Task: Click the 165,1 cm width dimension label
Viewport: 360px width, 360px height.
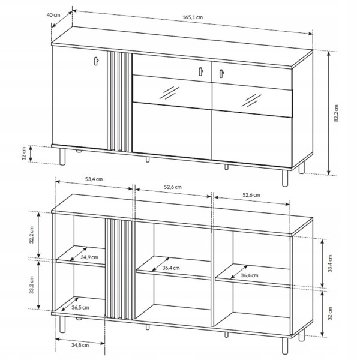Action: (193, 17)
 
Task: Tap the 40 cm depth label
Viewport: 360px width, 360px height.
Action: (53, 15)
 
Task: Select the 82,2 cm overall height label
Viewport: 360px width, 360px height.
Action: (337, 113)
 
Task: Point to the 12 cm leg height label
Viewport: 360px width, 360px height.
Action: (24, 154)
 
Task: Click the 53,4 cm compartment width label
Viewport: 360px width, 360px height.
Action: (94, 179)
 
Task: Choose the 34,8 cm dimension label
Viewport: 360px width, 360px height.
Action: (80, 345)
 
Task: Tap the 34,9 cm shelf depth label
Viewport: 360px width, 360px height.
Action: (89, 257)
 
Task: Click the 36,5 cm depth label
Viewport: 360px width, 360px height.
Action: (80, 307)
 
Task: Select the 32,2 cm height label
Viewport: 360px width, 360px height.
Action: (31, 235)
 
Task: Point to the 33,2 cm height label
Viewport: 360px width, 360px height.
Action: (31, 285)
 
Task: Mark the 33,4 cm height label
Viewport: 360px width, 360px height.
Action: (330, 263)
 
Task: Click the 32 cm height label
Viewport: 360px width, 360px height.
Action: (330, 313)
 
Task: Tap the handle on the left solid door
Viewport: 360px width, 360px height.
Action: (96, 61)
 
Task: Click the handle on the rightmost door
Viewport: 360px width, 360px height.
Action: (221, 73)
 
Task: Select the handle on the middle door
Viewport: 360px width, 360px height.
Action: (201, 71)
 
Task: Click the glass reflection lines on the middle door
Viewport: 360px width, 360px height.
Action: (169, 93)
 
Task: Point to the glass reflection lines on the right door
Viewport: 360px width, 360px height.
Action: (251, 101)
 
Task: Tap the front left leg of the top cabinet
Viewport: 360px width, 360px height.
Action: (62, 157)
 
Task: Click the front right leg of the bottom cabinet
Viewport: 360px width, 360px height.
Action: (285, 346)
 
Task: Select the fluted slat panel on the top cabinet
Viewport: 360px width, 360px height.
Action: (119, 101)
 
